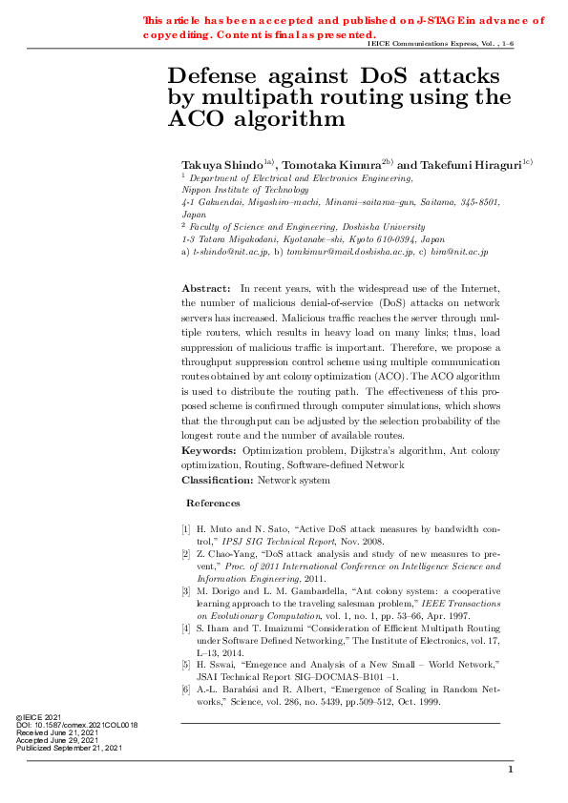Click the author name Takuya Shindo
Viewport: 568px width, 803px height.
[221, 165]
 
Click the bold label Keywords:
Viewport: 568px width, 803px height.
[209, 448]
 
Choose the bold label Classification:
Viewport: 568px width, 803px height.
[219, 480]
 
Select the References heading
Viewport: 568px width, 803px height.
[213, 503]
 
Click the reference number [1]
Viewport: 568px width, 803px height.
[186, 527]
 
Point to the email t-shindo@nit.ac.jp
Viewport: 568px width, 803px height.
[229, 252]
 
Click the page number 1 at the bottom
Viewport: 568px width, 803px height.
[511, 770]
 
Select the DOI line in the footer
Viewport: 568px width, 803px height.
[76, 725]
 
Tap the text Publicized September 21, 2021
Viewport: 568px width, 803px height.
[70, 748]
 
